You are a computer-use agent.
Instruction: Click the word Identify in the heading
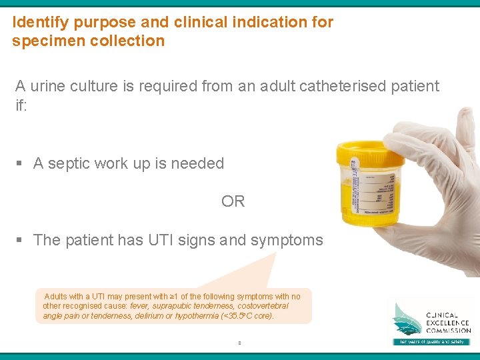point(41,22)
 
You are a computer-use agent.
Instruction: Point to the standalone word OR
point(233,201)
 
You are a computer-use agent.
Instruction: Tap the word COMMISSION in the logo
point(449,330)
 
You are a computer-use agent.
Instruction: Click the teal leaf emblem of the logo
point(407,319)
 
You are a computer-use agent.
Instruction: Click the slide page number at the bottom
point(239,344)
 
